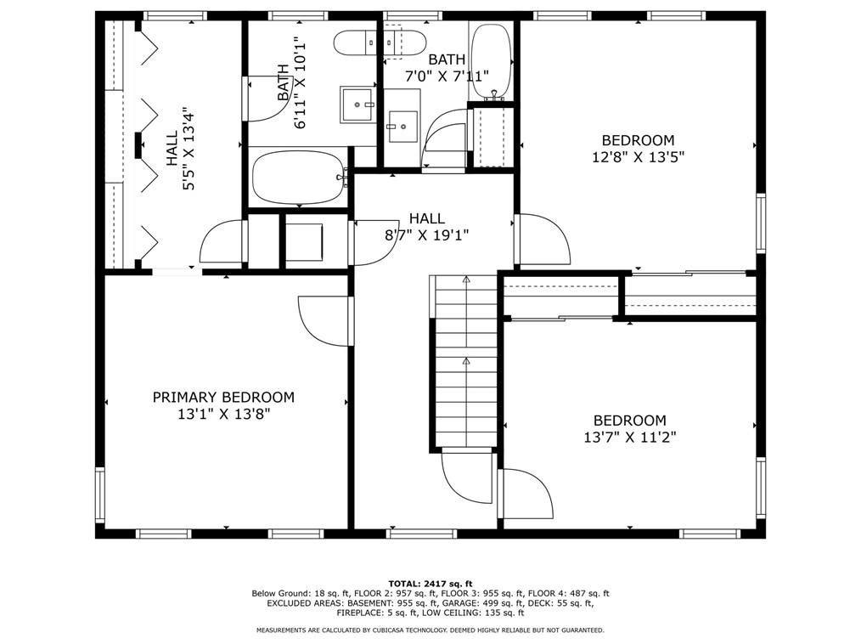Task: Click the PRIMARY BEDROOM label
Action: [223, 397]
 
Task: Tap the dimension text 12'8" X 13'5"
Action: [638, 156]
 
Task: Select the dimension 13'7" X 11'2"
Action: [629, 438]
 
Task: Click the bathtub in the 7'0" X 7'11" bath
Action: [490, 59]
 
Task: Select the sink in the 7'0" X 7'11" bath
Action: [402, 127]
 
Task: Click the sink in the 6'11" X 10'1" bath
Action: [358, 104]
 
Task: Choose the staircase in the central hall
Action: [465, 361]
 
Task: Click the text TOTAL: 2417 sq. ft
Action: [430, 584]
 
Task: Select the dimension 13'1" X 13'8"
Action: [223, 415]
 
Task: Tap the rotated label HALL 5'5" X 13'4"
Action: [180, 149]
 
